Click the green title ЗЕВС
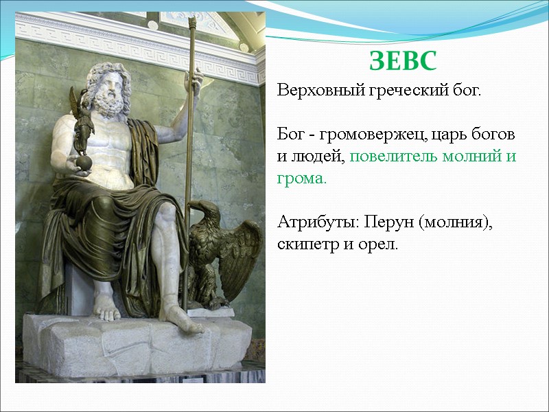[x=403, y=62]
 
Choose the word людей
[x=317, y=156]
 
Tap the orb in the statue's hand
[x=83, y=162]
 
